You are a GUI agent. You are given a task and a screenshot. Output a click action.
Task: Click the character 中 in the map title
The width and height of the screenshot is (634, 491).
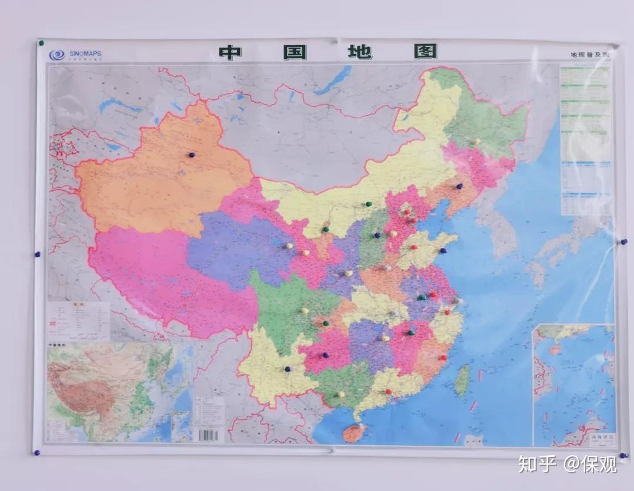coord(230,52)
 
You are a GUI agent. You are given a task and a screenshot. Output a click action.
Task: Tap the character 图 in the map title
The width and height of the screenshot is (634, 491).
coord(426,51)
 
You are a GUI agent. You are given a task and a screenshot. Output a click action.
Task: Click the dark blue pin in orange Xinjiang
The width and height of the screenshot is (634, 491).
coord(191,154)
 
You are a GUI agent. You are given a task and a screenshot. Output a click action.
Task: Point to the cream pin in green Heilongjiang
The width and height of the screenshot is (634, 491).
coord(477,141)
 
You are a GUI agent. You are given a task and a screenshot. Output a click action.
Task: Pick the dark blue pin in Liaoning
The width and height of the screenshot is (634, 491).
coord(460,186)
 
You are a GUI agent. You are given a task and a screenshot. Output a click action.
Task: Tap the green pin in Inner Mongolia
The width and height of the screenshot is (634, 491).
coord(368,204)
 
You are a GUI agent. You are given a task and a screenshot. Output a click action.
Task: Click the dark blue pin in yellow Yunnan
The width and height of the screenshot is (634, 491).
coord(288,369)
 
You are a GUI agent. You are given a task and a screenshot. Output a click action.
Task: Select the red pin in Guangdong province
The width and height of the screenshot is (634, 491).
coord(388,391)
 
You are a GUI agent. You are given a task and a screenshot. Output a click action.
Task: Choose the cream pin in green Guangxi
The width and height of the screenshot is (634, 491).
coord(341,394)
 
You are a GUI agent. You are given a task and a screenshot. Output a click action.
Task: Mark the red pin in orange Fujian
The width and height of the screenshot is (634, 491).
coord(443,357)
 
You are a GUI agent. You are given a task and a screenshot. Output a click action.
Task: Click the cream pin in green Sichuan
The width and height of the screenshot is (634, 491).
coord(305,310)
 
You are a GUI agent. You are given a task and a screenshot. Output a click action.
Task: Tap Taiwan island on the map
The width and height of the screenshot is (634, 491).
coord(463,381)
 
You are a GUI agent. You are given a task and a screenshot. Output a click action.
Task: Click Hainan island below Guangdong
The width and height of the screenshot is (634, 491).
coord(354,432)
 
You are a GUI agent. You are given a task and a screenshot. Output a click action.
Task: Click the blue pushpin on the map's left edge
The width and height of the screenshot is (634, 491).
coord(38,254)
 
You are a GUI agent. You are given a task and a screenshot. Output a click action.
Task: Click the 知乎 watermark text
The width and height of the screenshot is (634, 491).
coord(536,465)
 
